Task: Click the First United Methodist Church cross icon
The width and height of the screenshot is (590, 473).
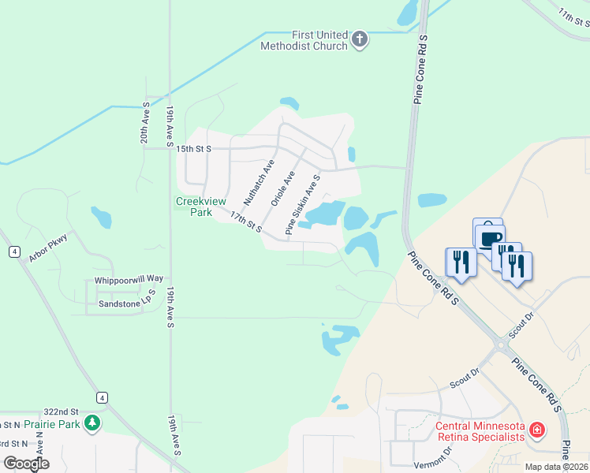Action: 360,40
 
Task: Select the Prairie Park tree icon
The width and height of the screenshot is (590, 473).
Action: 93,424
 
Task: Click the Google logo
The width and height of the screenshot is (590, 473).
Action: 26,464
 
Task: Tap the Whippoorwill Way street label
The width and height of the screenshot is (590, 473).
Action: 129,279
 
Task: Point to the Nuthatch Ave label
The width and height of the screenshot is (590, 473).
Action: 259,182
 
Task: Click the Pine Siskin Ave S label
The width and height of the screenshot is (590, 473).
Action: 302,205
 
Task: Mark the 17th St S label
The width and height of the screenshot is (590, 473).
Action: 246,222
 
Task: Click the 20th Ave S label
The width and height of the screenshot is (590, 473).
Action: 145,123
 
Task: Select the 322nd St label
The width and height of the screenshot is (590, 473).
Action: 62,412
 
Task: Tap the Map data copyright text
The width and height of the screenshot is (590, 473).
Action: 557,467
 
